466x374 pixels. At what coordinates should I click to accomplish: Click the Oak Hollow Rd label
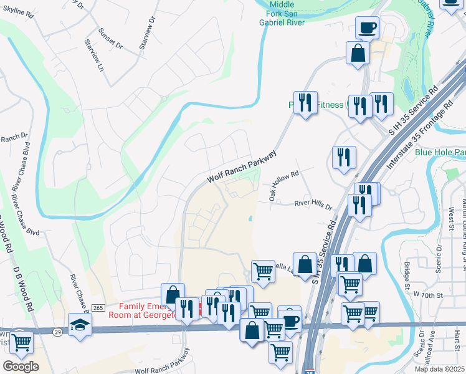[284, 185]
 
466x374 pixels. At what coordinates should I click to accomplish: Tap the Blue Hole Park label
[440, 152]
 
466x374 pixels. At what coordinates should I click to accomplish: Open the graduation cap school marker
[80, 325]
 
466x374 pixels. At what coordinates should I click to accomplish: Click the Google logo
[20, 367]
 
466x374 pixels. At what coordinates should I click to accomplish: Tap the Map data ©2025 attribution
[439, 369]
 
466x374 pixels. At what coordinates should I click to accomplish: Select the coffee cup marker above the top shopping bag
[367, 27]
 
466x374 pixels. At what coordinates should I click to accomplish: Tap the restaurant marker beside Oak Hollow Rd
[344, 158]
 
